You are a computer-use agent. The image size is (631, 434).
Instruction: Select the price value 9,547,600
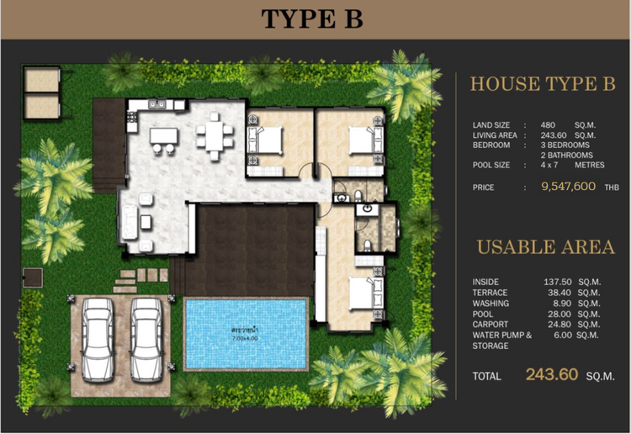570,188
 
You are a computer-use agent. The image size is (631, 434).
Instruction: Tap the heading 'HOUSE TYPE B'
543,84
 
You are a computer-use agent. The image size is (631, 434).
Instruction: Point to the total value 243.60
551,375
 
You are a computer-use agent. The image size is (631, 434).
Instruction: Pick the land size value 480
547,125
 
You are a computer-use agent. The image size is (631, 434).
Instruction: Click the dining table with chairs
215,137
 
